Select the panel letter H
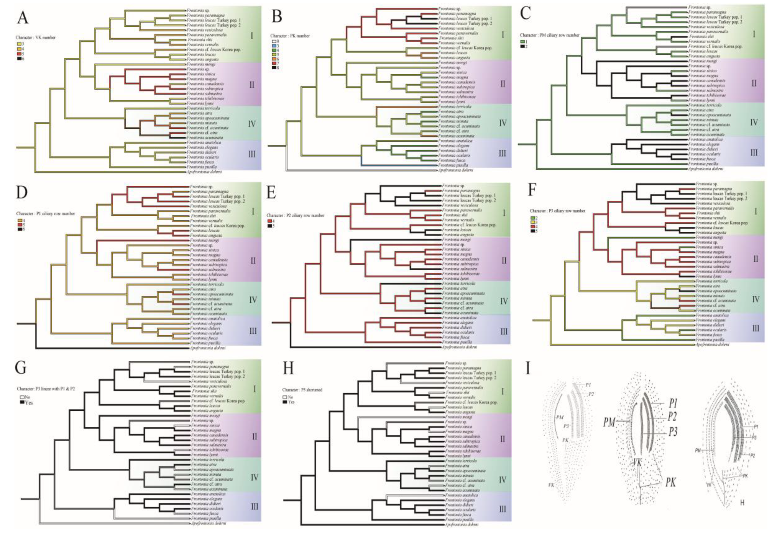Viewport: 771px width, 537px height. tap(288, 368)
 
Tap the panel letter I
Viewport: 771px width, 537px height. tap(528, 368)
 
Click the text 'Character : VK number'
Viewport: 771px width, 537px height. tap(35, 37)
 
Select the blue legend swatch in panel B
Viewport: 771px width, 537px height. tap(274, 46)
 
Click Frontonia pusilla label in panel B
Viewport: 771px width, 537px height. tap(453, 165)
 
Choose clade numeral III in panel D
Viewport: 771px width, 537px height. tap(253, 331)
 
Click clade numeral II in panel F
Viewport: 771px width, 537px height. tap(755, 259)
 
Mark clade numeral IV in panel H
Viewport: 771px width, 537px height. tap(502, 480)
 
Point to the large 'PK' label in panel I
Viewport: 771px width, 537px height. tap(670, 483)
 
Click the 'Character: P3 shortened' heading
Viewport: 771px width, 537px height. tap(302, 390)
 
